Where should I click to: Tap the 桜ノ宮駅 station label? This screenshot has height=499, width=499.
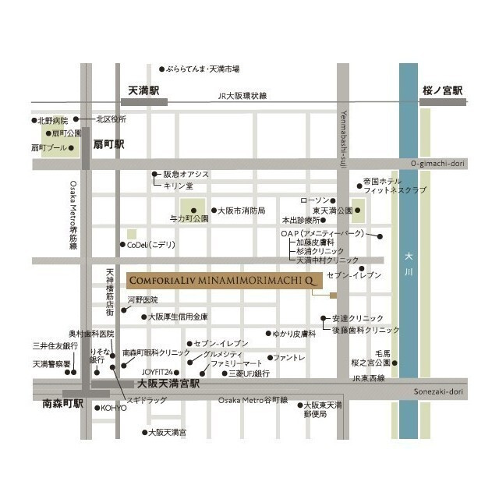[442, 90]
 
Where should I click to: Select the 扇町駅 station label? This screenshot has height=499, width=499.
[108, 144]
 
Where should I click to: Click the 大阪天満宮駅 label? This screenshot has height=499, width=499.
[168, 384]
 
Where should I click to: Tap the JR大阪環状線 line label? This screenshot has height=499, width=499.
[242, 95]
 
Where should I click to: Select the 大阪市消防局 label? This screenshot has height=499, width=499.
[242, 211]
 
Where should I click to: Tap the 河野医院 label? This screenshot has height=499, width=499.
[143, 299]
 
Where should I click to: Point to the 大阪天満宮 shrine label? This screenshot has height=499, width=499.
[168, 432]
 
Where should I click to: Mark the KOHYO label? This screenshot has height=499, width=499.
[114, 408]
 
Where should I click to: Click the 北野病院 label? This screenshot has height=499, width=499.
[53, 120]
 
